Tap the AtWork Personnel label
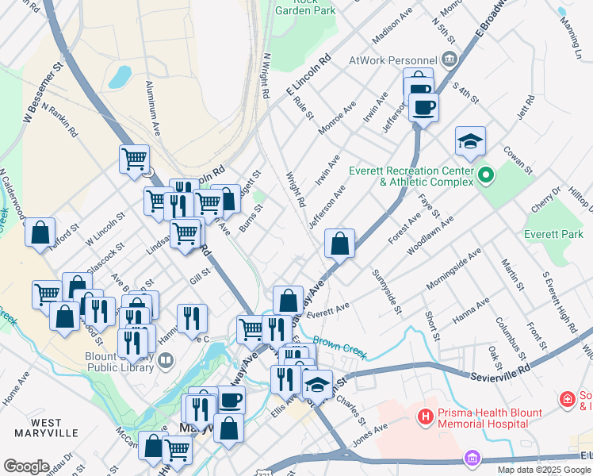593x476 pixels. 394,60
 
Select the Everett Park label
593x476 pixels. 553,234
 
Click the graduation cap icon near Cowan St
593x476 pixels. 470,142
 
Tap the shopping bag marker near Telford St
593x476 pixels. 40,234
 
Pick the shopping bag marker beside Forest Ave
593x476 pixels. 339,244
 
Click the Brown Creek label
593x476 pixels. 334,344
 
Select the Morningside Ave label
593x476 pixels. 454,267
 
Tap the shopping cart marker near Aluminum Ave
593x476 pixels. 135,159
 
